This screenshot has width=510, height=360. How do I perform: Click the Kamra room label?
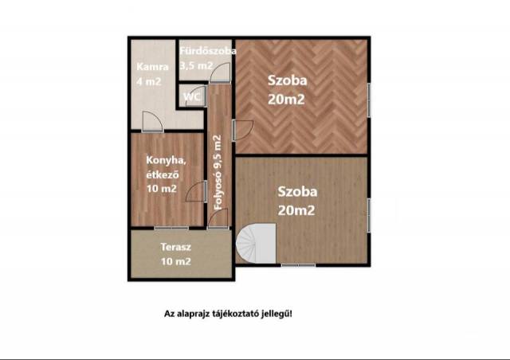click(152, 67)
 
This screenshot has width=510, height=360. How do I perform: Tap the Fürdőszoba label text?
click(208, 51)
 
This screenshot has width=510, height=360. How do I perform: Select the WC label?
click(192, 97)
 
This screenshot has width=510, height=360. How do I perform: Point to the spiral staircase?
click(256, 243)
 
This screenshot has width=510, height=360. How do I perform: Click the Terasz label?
click(175, 247)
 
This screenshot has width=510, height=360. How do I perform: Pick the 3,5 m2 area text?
click(196, 65)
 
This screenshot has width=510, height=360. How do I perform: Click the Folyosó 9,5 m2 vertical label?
click(218, 172)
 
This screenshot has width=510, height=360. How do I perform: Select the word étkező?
click(163, 174)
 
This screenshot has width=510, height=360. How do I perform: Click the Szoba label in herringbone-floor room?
click(287, 80)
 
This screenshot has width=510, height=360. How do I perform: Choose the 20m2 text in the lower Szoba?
click(296, 210)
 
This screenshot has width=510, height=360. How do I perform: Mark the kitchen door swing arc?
click(194, 191)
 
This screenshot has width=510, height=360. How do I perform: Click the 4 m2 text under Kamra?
click(149, 81)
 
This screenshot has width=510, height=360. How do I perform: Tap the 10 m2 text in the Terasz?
click(176, 261)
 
